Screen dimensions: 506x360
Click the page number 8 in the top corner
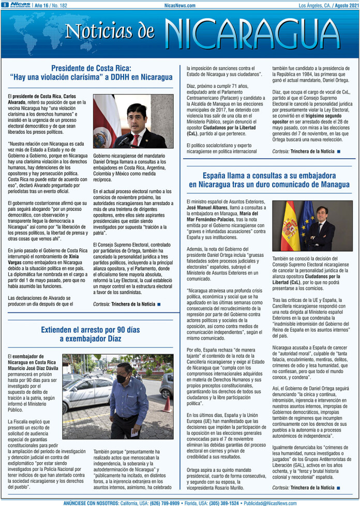tap(4, 5)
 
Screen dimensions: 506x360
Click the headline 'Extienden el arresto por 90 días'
tap(91, 330)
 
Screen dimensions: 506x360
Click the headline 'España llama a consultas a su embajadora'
tap(269, 175)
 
